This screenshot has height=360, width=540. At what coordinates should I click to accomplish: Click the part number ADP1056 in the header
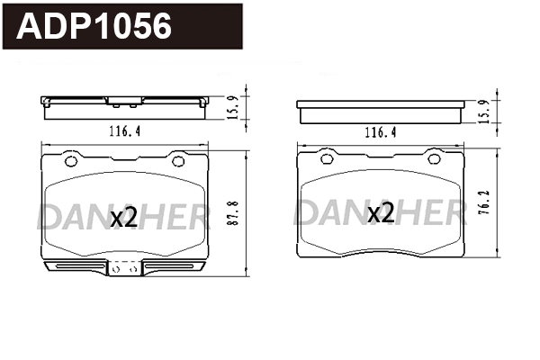(x=95, y=26)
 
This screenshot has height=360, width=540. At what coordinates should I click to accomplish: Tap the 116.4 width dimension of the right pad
(x=380, y=131)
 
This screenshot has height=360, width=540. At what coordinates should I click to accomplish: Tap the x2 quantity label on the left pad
(x=123, y=217)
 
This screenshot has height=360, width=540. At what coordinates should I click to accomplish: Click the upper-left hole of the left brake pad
(x=69, y=161)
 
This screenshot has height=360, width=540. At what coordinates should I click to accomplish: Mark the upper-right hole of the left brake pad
(x=178, y=161)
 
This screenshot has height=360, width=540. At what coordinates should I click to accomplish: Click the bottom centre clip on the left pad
(x=124, y=267)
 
